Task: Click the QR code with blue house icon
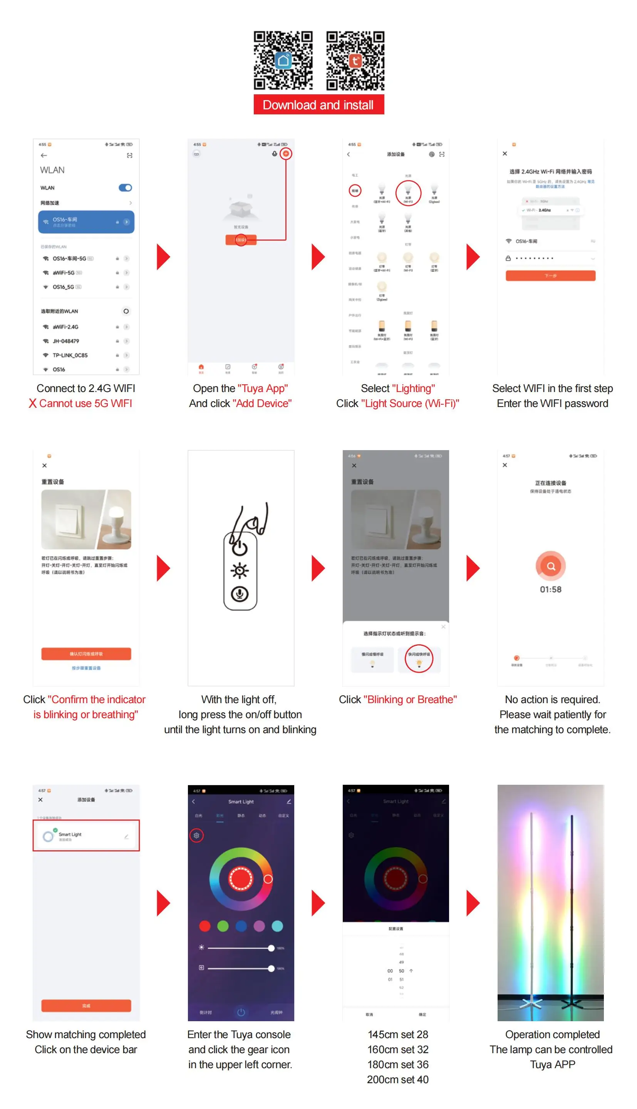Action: click(x=283, y=60)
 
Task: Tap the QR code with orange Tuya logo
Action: click(x=355, y=60)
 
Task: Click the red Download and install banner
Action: click(x=318, y=105)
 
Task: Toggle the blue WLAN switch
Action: click(x=125, y=188)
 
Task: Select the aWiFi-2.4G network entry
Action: click(x=65, y=327)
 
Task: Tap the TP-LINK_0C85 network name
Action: click(x=70, y=355)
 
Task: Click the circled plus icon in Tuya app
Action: click(x=286, y=154)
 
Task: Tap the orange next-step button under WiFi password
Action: click(x=550, y=275)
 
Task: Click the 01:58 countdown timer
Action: click(x=550, y=589)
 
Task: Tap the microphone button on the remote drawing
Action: click(x=240, y=594)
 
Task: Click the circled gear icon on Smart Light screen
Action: click(x=196, y=835)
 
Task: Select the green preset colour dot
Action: click(x=223, y=926)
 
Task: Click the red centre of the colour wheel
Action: click(x=241, y=879)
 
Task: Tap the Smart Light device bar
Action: click(x=86, y=836)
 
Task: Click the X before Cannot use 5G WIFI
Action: click(x=32, y=403)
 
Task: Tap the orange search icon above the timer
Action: click(x=550, y=566)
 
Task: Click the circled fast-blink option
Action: click(x=419, y=658)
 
